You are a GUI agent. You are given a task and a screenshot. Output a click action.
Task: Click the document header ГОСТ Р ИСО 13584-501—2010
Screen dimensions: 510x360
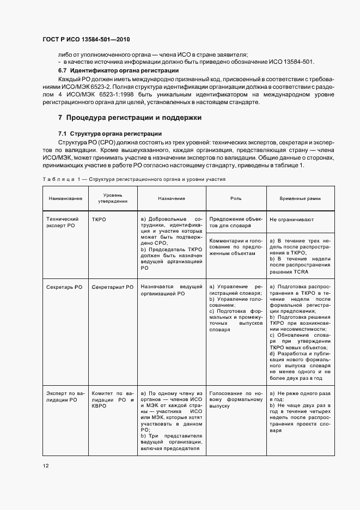[87, 40]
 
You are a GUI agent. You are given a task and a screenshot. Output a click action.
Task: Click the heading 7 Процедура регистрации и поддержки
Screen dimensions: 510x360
[130, 117]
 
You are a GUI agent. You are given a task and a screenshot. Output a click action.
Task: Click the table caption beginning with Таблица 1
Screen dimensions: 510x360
[134, 179]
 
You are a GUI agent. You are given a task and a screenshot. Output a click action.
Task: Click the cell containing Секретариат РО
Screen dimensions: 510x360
[113, 286]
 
